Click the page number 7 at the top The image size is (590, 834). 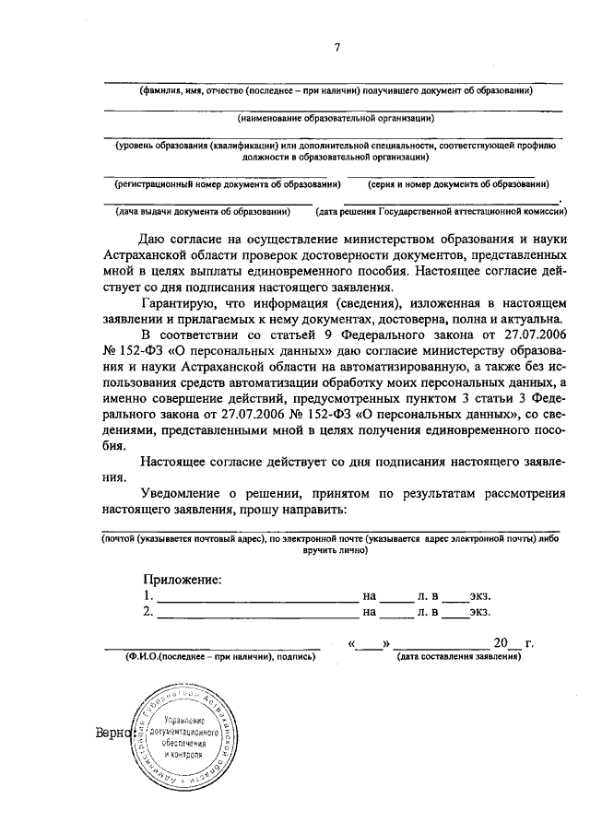point(338,47)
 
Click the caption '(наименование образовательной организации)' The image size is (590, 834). point(336,118)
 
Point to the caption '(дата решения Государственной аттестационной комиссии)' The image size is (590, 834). point(442,212)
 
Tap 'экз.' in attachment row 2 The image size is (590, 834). point(478,611)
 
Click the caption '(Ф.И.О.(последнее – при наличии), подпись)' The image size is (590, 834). point(209,658)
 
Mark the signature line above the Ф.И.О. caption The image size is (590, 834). point(211,649)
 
